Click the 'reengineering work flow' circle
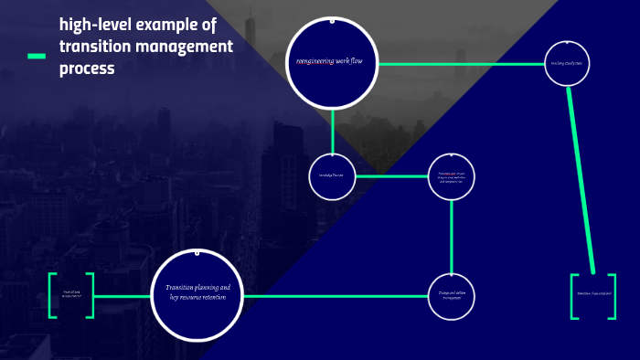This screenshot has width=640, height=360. point(332,62)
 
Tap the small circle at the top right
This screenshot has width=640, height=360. point(567,62)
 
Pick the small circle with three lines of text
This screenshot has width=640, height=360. point(452,176)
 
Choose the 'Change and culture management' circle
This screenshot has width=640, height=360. point(452,295)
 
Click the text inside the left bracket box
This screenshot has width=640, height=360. point(71,295)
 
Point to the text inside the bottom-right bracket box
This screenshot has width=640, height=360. point(593,294)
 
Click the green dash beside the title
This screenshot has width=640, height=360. point(37,57)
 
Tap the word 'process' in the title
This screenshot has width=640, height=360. point(87,68)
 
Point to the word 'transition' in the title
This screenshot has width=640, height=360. point(94,46)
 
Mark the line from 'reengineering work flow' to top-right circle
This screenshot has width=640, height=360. point(462,64)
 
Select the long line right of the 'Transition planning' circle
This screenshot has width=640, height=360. point(335,296)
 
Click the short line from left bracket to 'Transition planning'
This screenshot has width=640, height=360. point(123,296)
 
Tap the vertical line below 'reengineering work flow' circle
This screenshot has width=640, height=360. point(332,129)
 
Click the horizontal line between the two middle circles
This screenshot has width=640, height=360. point(391,175)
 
